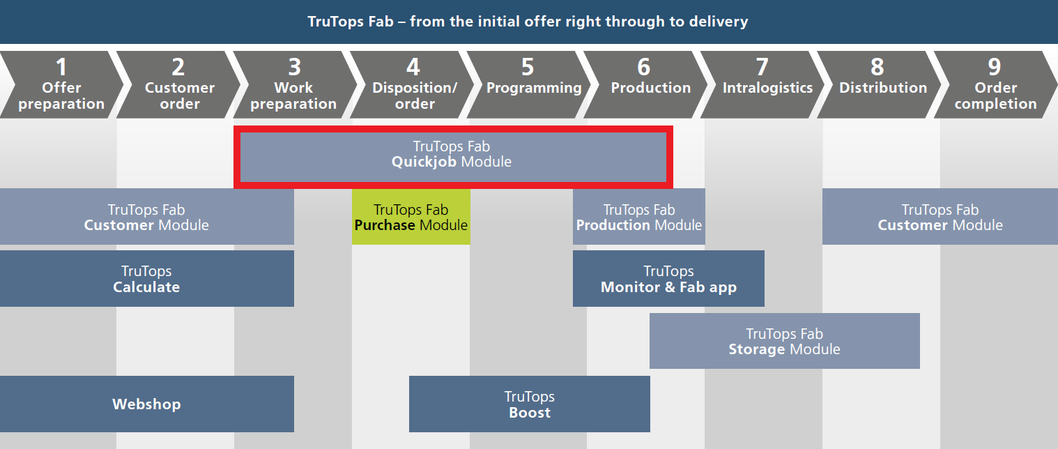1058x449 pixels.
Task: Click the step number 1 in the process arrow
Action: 61,67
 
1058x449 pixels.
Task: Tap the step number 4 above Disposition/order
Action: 413,67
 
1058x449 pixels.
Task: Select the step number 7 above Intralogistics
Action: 762,67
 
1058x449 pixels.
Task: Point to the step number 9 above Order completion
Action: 995,67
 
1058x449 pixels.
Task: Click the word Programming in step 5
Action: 534,88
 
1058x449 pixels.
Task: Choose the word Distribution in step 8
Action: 883,87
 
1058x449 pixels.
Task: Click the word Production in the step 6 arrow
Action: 651,87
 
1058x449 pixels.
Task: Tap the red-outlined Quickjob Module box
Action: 454,157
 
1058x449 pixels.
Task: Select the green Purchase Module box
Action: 411,217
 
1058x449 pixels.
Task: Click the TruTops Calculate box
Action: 147,278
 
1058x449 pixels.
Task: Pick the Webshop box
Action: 147,404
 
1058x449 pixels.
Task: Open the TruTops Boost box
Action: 530,404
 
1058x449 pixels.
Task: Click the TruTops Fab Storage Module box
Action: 785,341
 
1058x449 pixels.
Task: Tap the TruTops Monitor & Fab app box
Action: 668,278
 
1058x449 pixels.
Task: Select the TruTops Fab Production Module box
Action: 639,217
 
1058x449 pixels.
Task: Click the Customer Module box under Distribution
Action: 940,217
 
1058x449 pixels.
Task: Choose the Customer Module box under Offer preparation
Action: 147,217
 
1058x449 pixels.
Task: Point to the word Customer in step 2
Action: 180,87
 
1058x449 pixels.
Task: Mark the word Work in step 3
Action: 293,87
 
